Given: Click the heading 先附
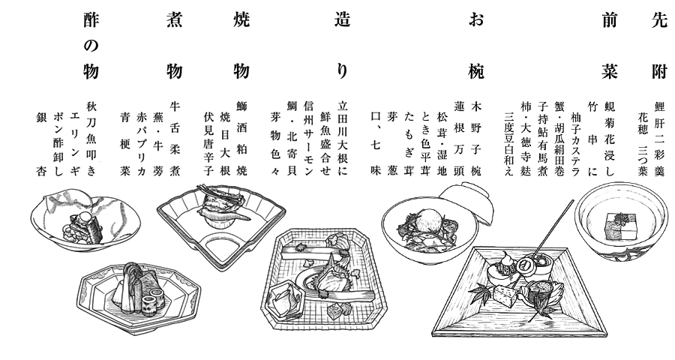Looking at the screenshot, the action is click(659, 46).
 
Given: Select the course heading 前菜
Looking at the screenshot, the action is click(610, 46).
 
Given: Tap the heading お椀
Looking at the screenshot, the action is click(476, 46).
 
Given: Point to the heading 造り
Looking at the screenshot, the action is click(342, 46).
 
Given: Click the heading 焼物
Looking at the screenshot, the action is click(241, 46).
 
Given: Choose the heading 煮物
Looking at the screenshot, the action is click(174, 46).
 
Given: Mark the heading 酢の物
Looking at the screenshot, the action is click(91, 46).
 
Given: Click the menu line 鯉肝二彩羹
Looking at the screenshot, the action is click(659, 139).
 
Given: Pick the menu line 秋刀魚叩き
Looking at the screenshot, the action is click(91, 139).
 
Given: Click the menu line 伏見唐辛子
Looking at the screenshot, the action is click(208, 144).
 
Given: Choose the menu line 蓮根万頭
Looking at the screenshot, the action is click(459, 139).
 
